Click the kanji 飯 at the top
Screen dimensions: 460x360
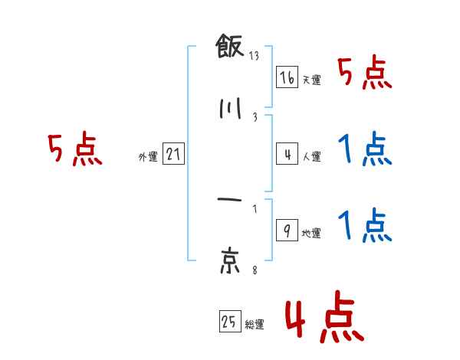[x=229, y=47]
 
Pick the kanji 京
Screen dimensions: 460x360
[x=229, y=260]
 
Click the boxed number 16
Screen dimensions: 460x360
[x=287, y=78]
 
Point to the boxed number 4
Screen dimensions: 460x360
[x=287, y=155]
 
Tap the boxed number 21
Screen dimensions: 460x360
[x=173, y=155]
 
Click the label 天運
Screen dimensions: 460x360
[x=311, y=80]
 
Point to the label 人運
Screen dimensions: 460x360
[x=311, y=157]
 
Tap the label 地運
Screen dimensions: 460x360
[x=311, y=234]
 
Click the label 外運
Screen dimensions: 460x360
[x=147, y=157]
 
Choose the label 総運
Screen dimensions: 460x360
[x=255, y=325]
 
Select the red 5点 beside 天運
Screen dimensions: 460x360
[x=365, y=75]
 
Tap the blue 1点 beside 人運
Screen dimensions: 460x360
[x=365, y=149]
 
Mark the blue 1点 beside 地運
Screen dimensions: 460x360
[x=365, y=226]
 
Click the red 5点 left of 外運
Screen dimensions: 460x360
[x=74, y=150]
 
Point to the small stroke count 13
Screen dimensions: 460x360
[x=254, y=56]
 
